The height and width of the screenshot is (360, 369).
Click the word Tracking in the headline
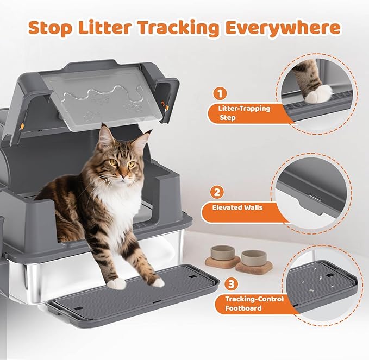point(177,27)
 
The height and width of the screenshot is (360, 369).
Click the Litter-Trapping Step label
point(239,113)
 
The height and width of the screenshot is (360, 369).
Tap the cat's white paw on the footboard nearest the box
point(116,283)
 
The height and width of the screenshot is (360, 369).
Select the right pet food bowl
point(254,259)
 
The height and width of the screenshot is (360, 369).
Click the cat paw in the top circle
point(318,93)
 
